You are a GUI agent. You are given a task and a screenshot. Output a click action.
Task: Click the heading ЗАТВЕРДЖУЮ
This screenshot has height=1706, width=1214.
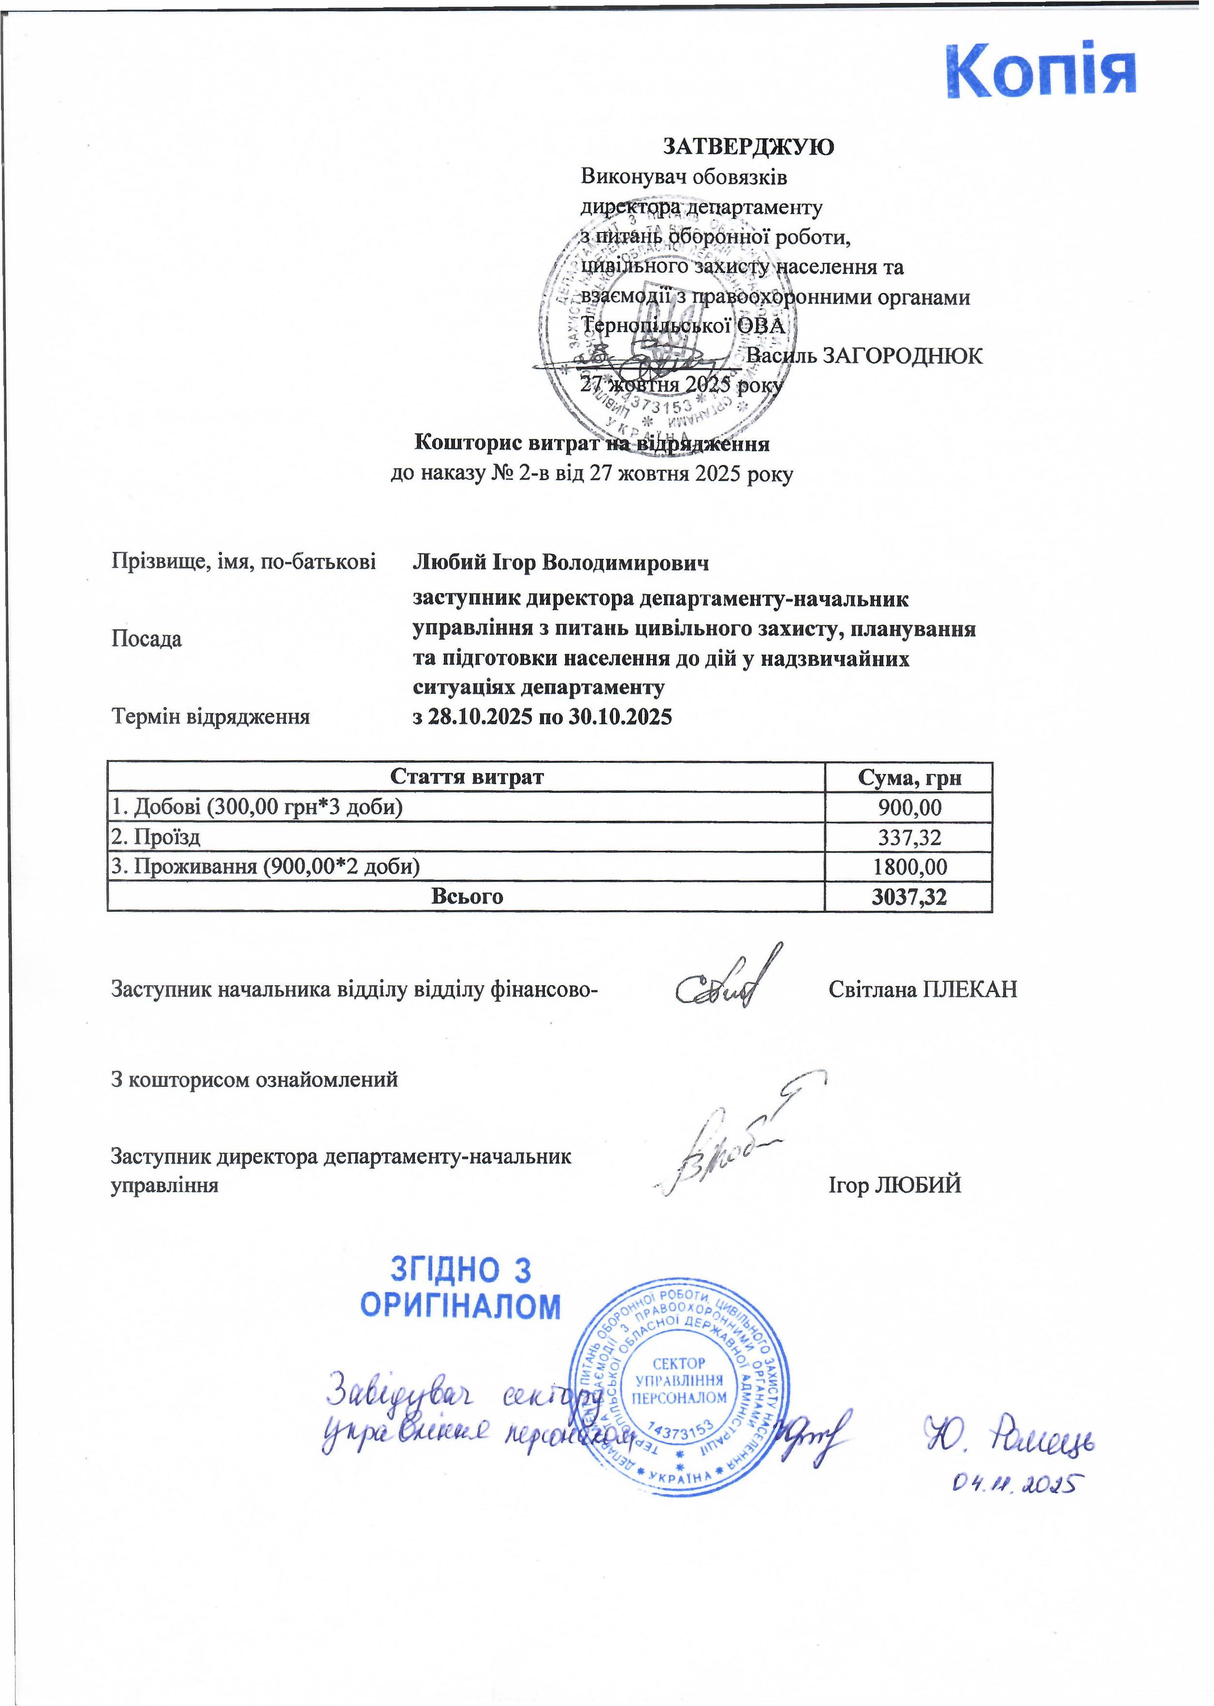coord(748,147)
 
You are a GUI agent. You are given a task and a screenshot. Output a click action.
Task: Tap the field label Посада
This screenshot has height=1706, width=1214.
coord(146,639)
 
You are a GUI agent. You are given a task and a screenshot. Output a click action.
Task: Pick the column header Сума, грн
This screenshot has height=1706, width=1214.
coord(909,778)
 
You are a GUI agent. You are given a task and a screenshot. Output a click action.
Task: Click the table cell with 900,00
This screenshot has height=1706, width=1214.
coord(909,807)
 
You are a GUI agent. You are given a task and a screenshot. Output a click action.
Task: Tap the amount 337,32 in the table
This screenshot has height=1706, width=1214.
coord(909,837)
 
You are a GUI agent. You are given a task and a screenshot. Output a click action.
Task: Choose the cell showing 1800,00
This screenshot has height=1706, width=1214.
coord(909,867)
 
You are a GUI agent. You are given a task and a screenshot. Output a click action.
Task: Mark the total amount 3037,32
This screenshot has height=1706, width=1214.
coord(909,897)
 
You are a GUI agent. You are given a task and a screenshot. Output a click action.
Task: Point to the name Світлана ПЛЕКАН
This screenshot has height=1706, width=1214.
coord(922,990)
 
